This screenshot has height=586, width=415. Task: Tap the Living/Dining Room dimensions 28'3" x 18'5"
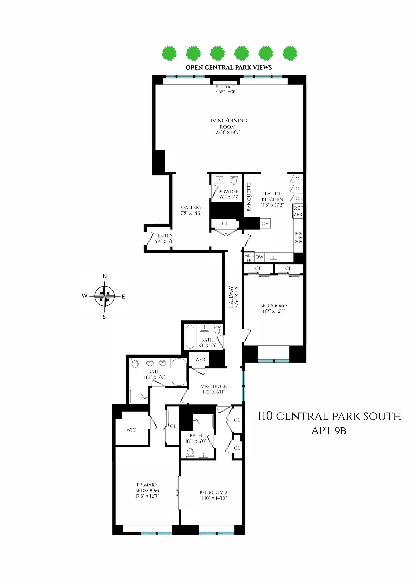(x=228, y=132)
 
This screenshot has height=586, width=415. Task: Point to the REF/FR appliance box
(x=298, y=211)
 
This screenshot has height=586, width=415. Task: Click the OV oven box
(x=265, y=223)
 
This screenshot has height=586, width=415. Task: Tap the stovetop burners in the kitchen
(x=298, y=237)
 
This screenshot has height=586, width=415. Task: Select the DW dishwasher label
(x=259, y=257)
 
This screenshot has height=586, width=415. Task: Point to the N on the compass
(x=105, y=276)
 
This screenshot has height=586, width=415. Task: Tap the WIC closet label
(x=131, y=430)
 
